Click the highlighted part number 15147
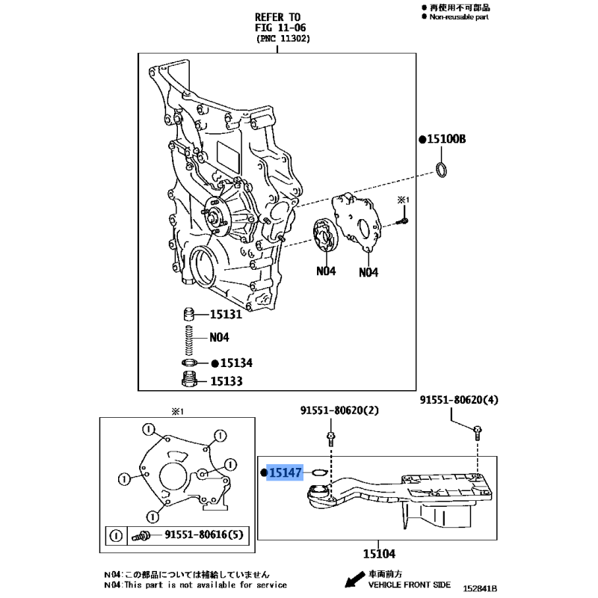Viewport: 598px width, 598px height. click(286, 473)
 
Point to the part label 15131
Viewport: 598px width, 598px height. click(225, 315)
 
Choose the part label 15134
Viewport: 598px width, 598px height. click(236, 363)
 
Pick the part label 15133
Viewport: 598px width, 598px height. click(225, 381)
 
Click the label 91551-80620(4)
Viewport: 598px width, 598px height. click(458, 401)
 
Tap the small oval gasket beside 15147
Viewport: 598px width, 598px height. click(318, 473)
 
